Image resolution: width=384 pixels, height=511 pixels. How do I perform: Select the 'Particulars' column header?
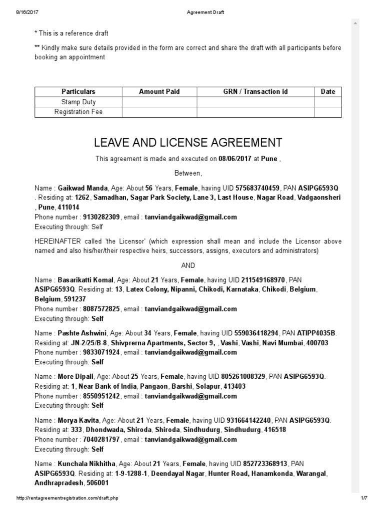(x=78, y=92)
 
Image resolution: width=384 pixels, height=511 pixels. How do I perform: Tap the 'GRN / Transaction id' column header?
(x=255, y=92)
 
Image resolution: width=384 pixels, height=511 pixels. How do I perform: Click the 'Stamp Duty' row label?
(x=78, y=102)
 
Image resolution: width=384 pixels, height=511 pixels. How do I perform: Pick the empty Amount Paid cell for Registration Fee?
(x=159, y=112)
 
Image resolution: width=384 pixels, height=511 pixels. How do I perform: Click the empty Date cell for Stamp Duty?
(x=327, y=102)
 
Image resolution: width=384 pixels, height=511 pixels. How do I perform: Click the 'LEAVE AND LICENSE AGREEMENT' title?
(x=188, y=143)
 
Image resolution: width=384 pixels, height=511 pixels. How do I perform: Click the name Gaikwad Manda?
(x=82, y=188)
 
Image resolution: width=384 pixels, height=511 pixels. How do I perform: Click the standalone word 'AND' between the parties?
(x=188, y=265)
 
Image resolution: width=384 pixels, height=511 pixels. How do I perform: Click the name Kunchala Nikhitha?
(x=87, y=464)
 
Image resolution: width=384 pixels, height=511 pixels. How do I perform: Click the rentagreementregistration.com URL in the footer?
(x=67, y=498)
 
